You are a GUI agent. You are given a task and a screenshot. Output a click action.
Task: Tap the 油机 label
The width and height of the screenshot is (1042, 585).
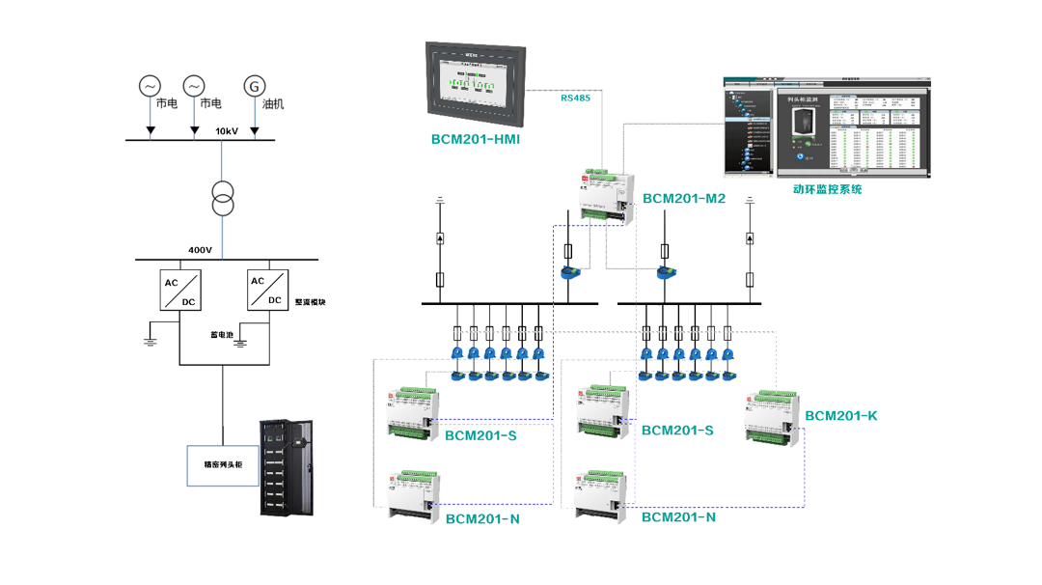pyautogui.click(x=273, y=104)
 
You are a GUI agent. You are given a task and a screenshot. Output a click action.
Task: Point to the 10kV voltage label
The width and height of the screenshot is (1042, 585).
pyautogui.click(x=227, y=130)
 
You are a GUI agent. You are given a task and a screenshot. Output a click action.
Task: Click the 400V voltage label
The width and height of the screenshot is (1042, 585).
pyautogui.click(x=200, y=250)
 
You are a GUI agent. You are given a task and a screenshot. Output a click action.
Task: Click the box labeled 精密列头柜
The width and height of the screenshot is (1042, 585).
pyautogui.click(x=222, y=464)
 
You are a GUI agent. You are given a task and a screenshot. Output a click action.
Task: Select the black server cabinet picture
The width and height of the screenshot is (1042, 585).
pyautogui.click(x=288, y=468)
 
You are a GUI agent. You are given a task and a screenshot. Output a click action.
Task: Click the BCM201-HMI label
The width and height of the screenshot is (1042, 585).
pyautogui.click(x=475, y=140)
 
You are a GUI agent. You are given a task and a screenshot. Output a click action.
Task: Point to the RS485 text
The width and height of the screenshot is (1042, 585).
pyautogui.click(x=575, y=97)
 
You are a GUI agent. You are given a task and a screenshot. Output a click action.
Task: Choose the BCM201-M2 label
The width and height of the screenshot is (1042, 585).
pyautogui.click(x=684, y=199)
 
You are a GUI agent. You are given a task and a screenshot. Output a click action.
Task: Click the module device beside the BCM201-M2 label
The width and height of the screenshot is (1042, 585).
pyautogui.click(x=609, y=196)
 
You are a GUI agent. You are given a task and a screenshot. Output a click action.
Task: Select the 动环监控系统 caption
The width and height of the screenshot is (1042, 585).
pyautogui.click(x=827, y=189)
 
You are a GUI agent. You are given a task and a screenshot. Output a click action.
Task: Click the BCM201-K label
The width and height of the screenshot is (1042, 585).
pyautogui.click(x=841, y=416)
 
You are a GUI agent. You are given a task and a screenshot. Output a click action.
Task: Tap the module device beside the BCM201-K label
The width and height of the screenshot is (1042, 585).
pyautogui.click(x=775, y=417)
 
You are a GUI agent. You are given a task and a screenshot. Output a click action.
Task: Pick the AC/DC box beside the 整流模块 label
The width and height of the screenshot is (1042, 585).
pyautogui.click(x=268, y=290)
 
